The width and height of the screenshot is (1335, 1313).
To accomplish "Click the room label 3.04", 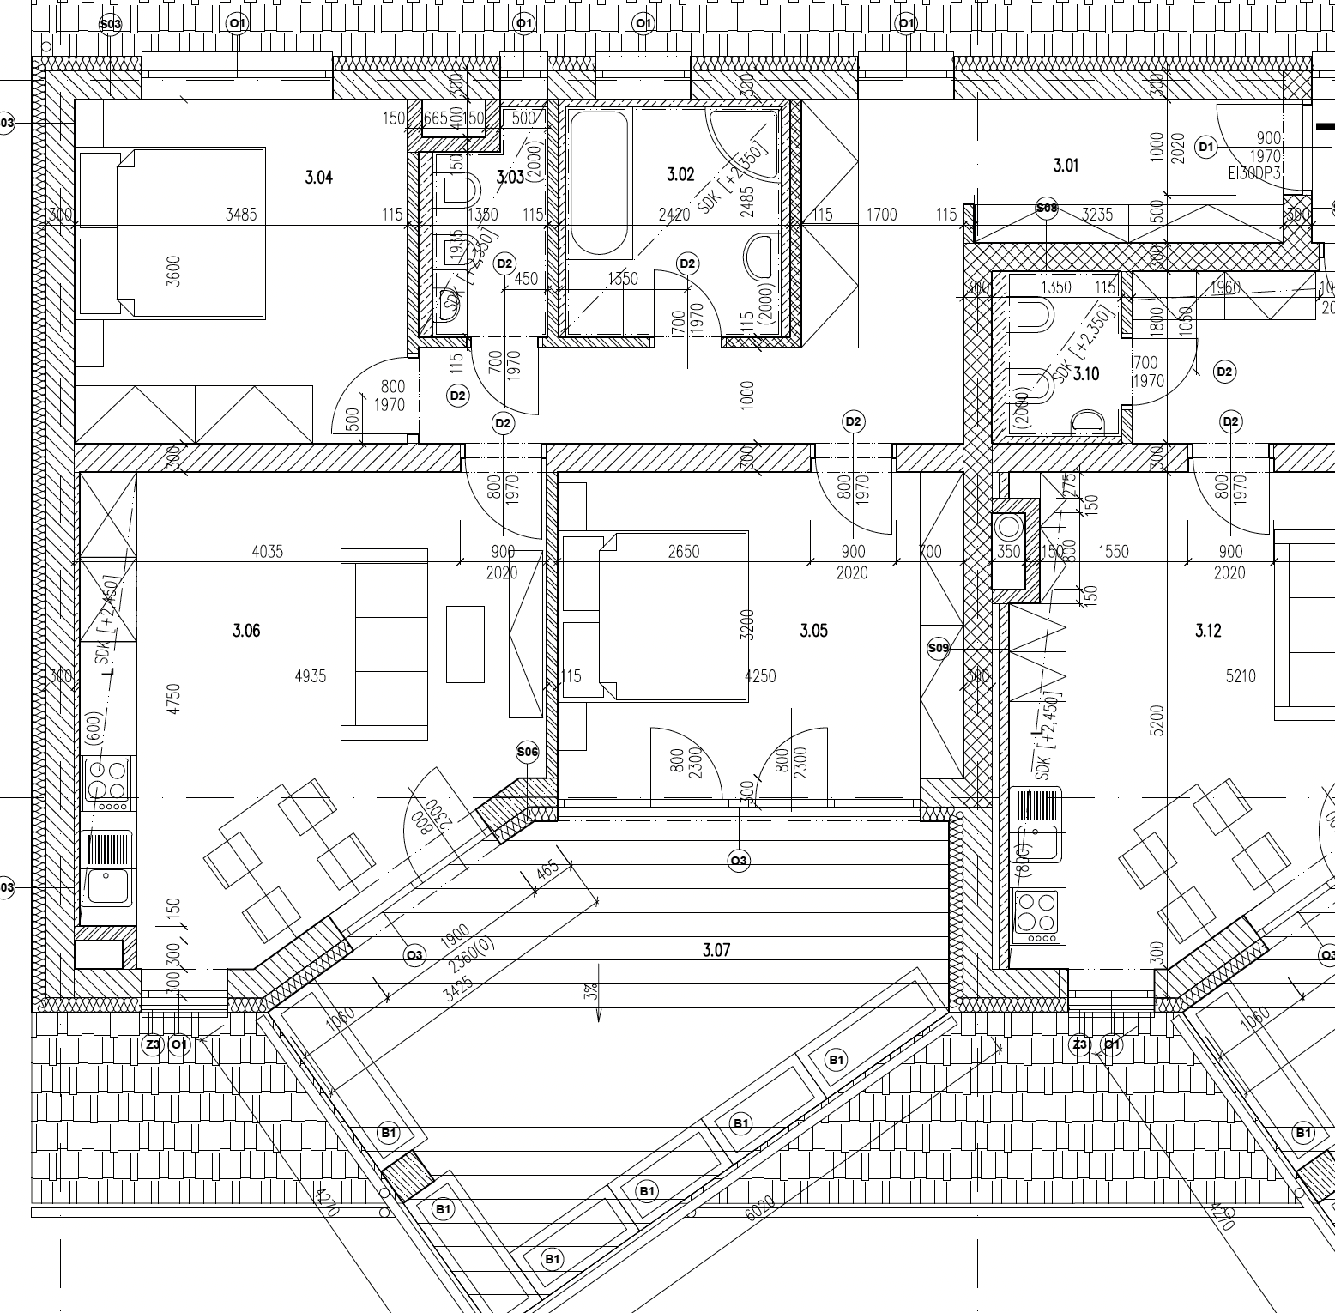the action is [318, 178].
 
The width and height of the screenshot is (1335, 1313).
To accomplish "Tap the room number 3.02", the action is [680, 175].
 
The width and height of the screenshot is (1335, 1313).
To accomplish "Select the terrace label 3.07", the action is [716, 950].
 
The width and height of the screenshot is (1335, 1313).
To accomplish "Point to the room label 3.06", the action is [246, 632].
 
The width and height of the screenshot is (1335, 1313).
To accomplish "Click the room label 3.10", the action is [1086, 374].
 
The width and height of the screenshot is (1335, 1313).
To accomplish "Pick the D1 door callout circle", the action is [1206, 148].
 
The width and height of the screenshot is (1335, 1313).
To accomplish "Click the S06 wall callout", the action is [527, 753].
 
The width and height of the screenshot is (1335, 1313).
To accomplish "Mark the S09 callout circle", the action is [939, 648].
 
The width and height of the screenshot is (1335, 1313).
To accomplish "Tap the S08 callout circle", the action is [1047, 208].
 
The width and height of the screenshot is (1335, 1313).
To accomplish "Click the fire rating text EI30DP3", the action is [1254, 172].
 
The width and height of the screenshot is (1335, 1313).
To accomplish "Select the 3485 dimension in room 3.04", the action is [241, 215].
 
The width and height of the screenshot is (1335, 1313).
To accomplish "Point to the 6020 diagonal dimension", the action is [760, 1207].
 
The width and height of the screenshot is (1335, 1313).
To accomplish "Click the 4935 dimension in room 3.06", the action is [311, 676].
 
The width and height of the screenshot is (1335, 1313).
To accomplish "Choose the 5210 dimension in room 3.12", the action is [1241, 676].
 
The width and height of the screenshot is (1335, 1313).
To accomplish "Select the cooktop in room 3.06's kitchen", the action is [106, 780].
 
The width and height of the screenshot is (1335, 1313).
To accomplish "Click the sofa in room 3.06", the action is [384, 644].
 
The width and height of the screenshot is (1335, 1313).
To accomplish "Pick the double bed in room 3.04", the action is [172, 232].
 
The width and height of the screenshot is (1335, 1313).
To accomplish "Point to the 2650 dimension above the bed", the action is [683, 552].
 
